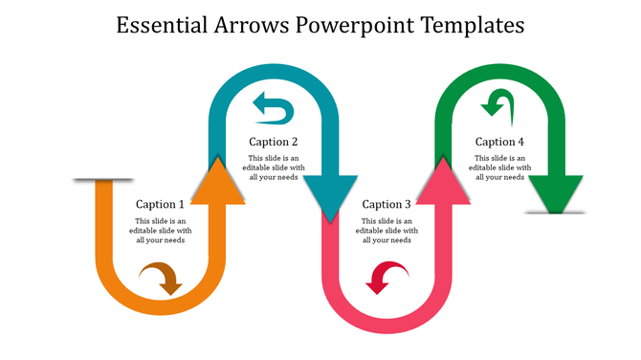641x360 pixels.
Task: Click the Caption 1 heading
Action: [x=160, y=204]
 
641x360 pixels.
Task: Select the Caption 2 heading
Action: [x=274, y=143]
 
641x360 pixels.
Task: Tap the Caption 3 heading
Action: [x=387, y=204]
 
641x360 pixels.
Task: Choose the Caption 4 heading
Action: [x=499, y=143]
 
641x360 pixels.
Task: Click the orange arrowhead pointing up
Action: [x=218, y=181]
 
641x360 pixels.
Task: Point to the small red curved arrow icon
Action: [x=387, y=280]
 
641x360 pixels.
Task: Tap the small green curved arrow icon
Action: [x=498, y=101]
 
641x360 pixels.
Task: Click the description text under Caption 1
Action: [x=160, y=230]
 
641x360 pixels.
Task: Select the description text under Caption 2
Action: [x=274, y=168]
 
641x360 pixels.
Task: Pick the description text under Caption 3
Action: [x=387, y=230]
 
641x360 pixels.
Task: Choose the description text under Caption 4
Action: [x=499, y=168]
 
